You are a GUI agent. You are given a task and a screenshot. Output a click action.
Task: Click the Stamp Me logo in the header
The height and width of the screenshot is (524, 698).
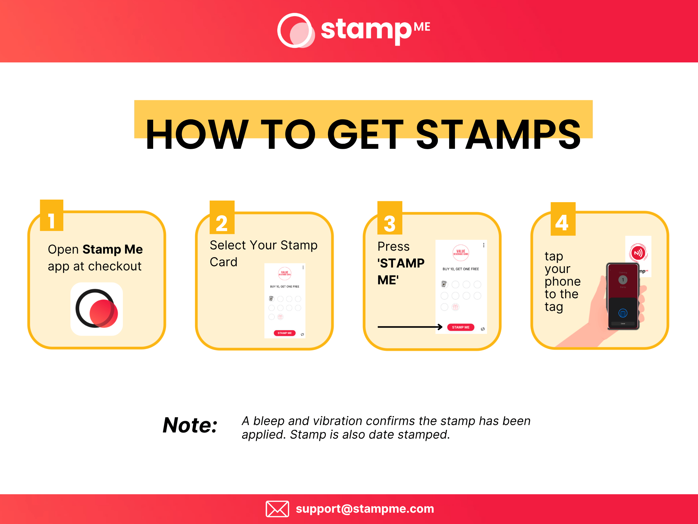tap(354, 30)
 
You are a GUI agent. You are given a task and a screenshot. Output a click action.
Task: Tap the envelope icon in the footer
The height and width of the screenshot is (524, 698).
tap(277, 509)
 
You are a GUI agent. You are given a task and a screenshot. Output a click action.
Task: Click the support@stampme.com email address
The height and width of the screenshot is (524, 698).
tap(365, 509)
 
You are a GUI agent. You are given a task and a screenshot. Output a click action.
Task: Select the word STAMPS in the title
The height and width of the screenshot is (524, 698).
tap(498, 134)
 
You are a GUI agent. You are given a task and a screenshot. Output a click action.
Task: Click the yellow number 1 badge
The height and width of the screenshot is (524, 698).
tap(52, 216)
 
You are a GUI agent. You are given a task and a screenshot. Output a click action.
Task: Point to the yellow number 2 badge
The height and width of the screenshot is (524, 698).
tap(222, 217)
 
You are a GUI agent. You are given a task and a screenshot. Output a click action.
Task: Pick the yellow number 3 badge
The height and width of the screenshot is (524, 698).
tap(390, 218)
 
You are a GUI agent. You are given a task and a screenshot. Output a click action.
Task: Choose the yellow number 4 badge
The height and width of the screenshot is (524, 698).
tap(563, 219)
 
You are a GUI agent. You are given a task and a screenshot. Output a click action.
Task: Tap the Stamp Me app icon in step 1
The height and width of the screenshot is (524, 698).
tap(97, 309)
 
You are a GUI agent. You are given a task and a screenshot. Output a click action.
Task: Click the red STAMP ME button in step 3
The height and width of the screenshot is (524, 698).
tap(460, 327)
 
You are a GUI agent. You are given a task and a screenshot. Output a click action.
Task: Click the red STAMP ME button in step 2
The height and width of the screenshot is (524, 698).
tap(284, 333)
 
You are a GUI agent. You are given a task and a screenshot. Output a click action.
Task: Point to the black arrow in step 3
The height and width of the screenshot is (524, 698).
tap(410, 327)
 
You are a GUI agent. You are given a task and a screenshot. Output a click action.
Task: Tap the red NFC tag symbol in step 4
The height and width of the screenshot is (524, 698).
tap(638, 253)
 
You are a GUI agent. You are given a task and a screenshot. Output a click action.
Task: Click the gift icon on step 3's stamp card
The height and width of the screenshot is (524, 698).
tap(455, 307)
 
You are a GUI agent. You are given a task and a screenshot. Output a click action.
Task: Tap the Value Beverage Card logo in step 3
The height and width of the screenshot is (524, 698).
tap(460, 253)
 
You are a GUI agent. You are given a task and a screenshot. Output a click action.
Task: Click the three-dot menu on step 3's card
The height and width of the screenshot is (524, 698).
tap(483, 245)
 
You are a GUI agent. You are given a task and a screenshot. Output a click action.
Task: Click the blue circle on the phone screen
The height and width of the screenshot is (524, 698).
tap(623, 313)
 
